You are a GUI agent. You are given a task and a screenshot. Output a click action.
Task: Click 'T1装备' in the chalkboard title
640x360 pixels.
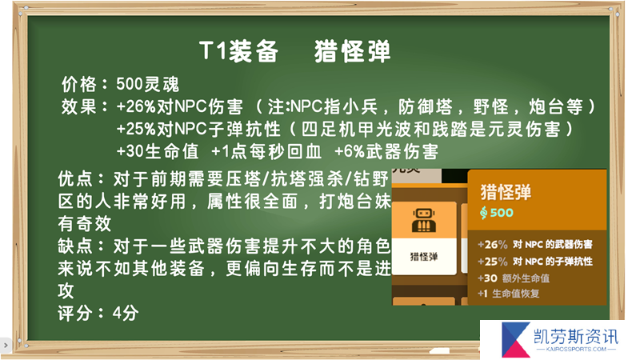click(x=238, y=51)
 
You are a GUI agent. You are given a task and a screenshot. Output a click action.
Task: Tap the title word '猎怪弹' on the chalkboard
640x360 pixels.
click(x=352, y=51)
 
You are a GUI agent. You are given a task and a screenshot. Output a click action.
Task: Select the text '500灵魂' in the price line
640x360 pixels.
click(x=148, y=85)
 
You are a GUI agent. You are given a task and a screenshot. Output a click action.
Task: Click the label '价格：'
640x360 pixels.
click(x=85, y=85)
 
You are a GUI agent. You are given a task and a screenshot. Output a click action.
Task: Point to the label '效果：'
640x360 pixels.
click(x=85, y=107)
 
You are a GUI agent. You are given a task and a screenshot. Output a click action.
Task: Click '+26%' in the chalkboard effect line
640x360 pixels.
click(x=136, y=107)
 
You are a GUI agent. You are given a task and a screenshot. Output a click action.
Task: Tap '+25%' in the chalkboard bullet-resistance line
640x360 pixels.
click(x=136, y=130)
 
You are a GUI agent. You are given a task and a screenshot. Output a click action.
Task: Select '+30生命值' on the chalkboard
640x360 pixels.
click(x=158, y=152)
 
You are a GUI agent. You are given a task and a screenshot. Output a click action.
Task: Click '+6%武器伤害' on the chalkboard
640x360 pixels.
click(x=386, y=152)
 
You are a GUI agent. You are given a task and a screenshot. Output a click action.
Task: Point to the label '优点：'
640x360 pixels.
click(x=82, y=178)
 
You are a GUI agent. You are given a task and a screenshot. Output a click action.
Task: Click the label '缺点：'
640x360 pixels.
click(x=82, y=246)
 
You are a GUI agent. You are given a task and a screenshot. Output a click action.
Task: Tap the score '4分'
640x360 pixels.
click(x=126, y=314)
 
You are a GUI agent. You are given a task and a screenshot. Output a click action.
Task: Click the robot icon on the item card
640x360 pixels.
click(x=424, y=221)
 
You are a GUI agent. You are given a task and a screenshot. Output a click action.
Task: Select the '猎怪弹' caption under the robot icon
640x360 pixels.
click(x=424, y=257)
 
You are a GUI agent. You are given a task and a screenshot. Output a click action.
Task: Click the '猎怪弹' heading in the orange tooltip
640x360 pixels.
click(x=506, y=192)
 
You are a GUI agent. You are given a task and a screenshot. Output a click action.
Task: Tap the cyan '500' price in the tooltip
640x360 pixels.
click(x=502, y=212)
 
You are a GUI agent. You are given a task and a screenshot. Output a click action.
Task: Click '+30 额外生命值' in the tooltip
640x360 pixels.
click(x=514, y=278)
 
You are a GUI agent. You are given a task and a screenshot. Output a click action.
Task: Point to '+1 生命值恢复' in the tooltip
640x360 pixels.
click(x=509, y=294)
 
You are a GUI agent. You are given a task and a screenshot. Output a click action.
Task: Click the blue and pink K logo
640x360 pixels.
click(x=515, y=339)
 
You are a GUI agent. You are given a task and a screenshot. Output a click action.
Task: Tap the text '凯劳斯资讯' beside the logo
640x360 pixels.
click(x=576, y=337)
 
